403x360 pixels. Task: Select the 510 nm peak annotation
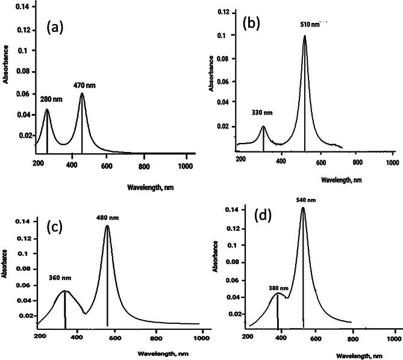(x=310, y=25)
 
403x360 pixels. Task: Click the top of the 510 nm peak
(x=305, y=36)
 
